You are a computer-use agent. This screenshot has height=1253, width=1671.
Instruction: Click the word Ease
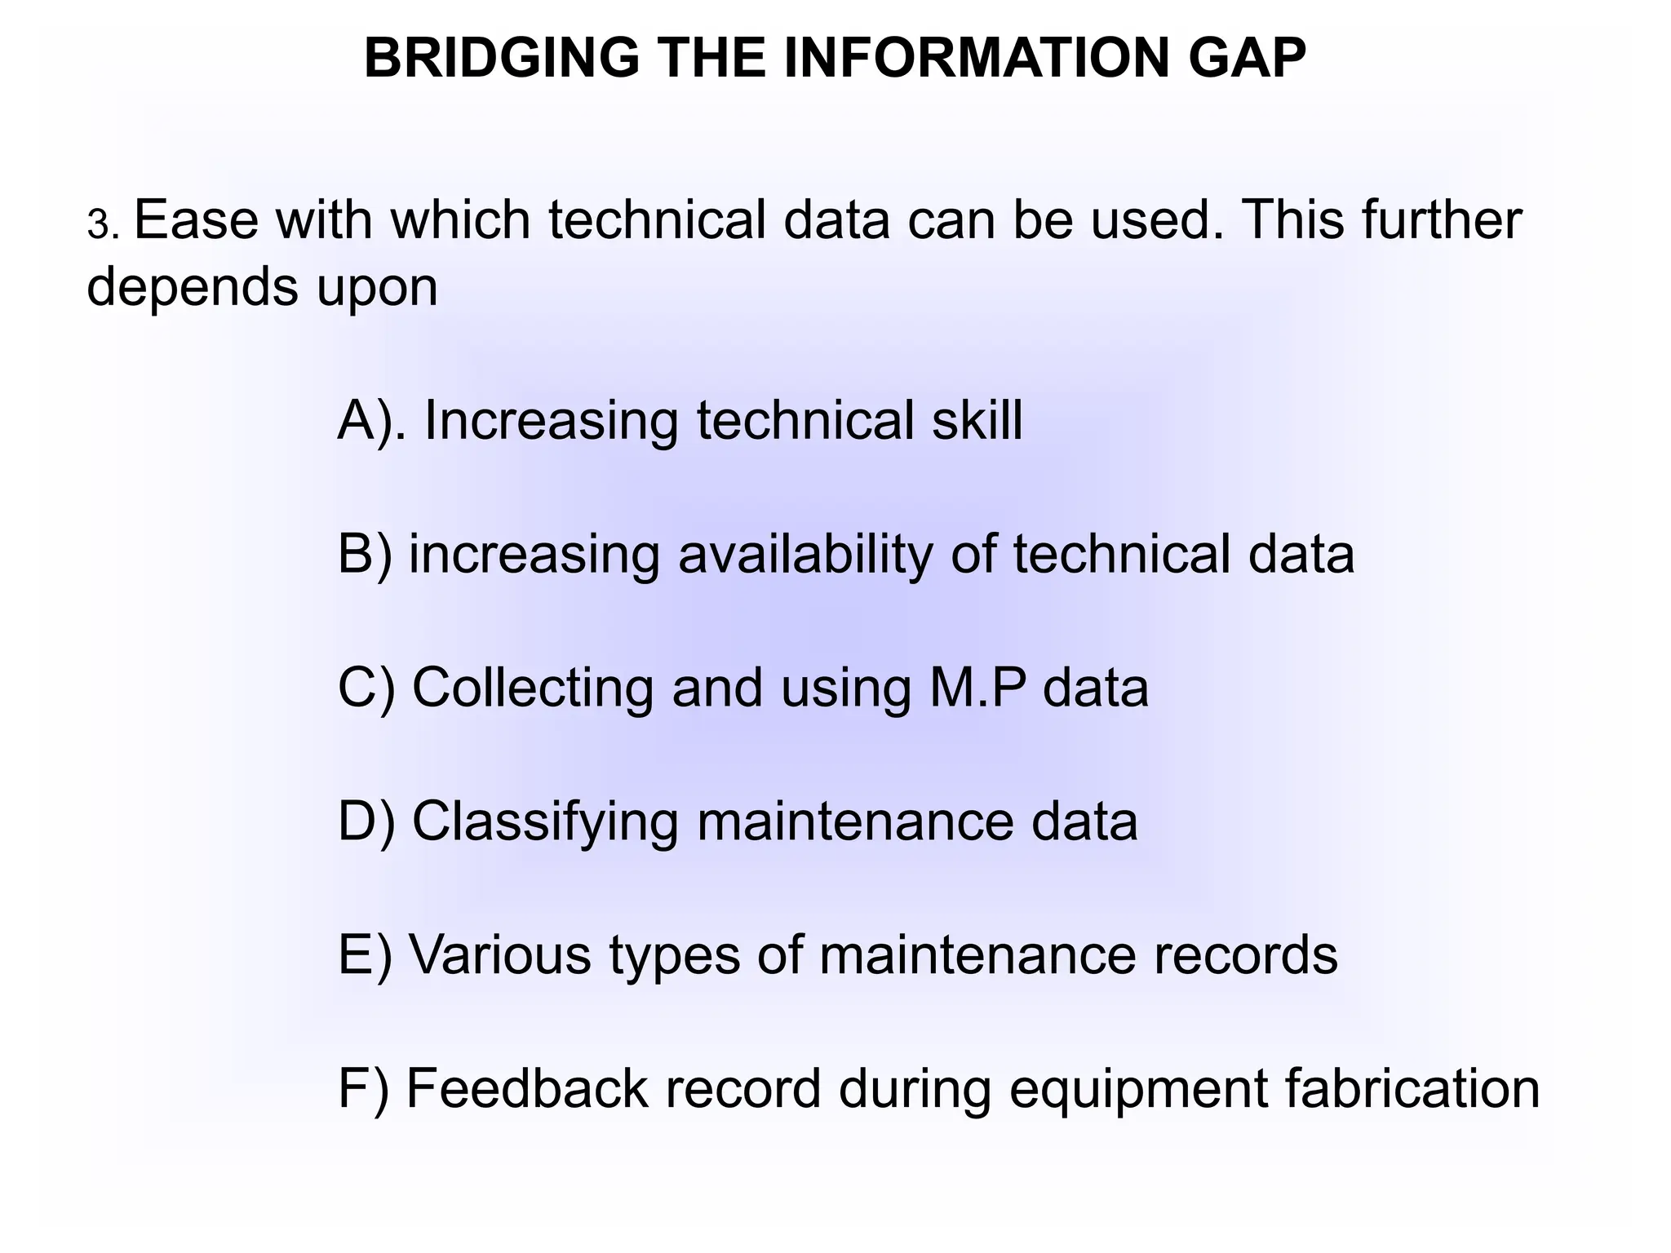pyautogui.click(x=196, y=220)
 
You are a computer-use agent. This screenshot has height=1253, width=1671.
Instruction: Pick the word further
pyautogui.click(x=1441, y=220)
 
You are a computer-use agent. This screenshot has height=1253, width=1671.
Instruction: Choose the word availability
pyautogui.click(x=804, y=555)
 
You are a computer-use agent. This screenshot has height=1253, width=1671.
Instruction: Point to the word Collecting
pyautogui.click(x=533, y=688)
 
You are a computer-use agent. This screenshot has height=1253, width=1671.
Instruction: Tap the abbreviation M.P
pyautogui.click(x=977, y=688)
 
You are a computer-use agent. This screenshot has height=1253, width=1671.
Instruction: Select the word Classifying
pyautogui.click(x=545, y=821)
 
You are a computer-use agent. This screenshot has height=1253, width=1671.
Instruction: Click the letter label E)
pyautogui.click(x=365, y=954)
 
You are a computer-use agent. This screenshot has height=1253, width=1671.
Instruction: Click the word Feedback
pyautogui.click(x=527, y=1088)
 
